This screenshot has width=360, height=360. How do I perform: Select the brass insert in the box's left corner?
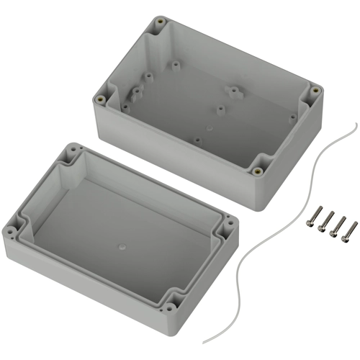click(99, 99)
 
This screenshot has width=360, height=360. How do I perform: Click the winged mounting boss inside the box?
click(233, 92)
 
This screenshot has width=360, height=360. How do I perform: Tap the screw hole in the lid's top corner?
click(70, 153)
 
